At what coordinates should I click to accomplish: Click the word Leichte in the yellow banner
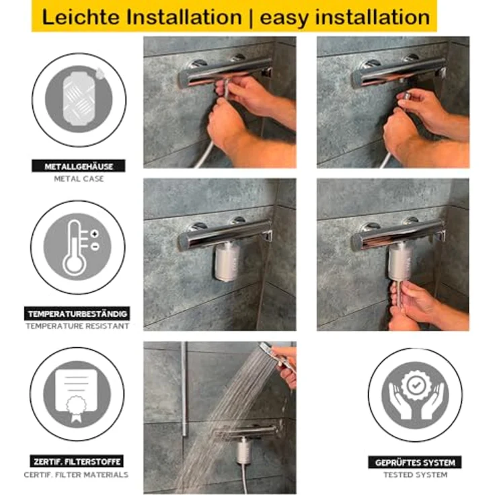[80, 17]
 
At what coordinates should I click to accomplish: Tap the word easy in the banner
[284, 18]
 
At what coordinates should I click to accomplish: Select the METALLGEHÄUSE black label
[79, 166]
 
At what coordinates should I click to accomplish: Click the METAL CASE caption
[79, 179]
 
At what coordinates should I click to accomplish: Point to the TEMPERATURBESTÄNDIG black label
[77, 313]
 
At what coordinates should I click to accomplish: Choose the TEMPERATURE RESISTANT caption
[77, 326]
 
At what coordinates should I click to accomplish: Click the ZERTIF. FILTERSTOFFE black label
[77, 461]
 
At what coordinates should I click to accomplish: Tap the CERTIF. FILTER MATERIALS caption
[77, 474]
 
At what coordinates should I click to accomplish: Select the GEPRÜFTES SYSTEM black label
[415, 462]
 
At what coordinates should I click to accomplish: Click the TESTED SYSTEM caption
[415, 474]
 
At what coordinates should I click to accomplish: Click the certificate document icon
[77, 395]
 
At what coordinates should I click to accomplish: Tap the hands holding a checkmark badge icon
[416, 395]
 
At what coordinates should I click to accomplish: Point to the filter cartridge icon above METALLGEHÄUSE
[79, 98]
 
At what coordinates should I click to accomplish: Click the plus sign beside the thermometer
[95, 234]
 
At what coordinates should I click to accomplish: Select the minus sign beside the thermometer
[95, 246]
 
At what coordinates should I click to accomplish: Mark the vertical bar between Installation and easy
[251, 18]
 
